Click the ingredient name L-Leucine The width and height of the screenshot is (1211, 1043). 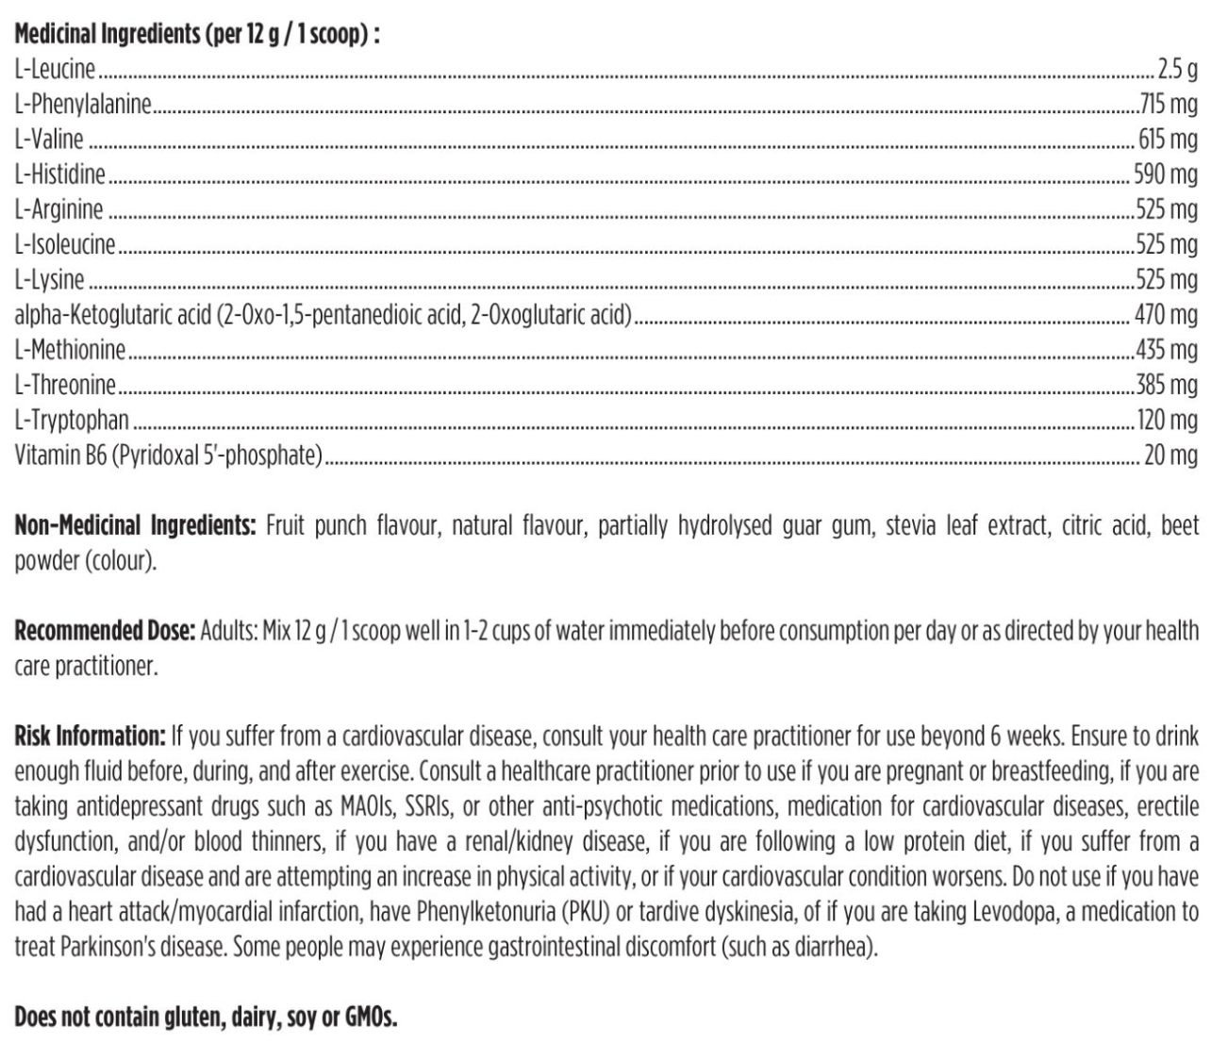click(x=55, y=69)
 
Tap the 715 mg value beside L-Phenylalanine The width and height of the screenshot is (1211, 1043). click(x=1169, y=104)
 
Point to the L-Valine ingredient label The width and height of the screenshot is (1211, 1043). click(x=49, y=140)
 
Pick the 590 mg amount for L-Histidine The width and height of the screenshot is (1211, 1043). click(x=1166, y=174)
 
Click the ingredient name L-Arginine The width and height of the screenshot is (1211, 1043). click(x=58, y=209)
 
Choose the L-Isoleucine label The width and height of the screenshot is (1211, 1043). click(x=64, y=244)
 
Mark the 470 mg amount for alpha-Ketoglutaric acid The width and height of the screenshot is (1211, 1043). click(x=1167, y=314)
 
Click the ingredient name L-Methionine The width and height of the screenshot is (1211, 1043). click(x=70, y=350)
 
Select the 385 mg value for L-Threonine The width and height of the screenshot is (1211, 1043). click(x=1167, y=385)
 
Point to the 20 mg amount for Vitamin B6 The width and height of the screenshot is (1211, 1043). click(x=1170, y=455)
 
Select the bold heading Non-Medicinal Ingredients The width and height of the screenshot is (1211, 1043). click(x=135, y=525)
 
